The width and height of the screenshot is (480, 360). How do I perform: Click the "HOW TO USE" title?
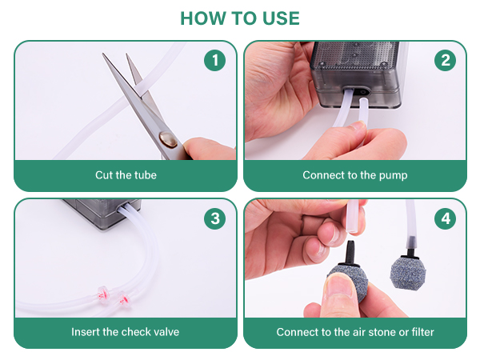240,18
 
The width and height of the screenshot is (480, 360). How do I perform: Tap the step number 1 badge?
215,60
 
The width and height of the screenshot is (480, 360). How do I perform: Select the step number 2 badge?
445,60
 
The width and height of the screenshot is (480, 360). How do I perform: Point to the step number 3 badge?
215,218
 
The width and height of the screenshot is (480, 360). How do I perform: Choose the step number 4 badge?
445,218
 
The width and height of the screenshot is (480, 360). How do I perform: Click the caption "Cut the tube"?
126,175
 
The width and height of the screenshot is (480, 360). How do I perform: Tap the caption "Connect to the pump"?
355,175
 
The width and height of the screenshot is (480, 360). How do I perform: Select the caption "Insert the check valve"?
126,332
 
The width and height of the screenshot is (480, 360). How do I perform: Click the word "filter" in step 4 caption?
422,332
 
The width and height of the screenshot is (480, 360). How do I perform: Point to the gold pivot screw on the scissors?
168,139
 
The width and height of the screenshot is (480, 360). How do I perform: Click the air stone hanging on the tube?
404,273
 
